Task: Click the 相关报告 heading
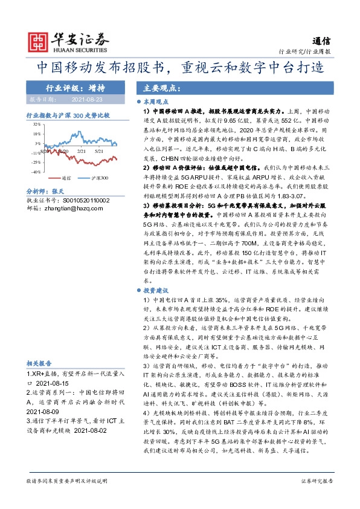[x=40, y=363]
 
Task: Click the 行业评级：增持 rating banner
[x=75, y=86]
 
